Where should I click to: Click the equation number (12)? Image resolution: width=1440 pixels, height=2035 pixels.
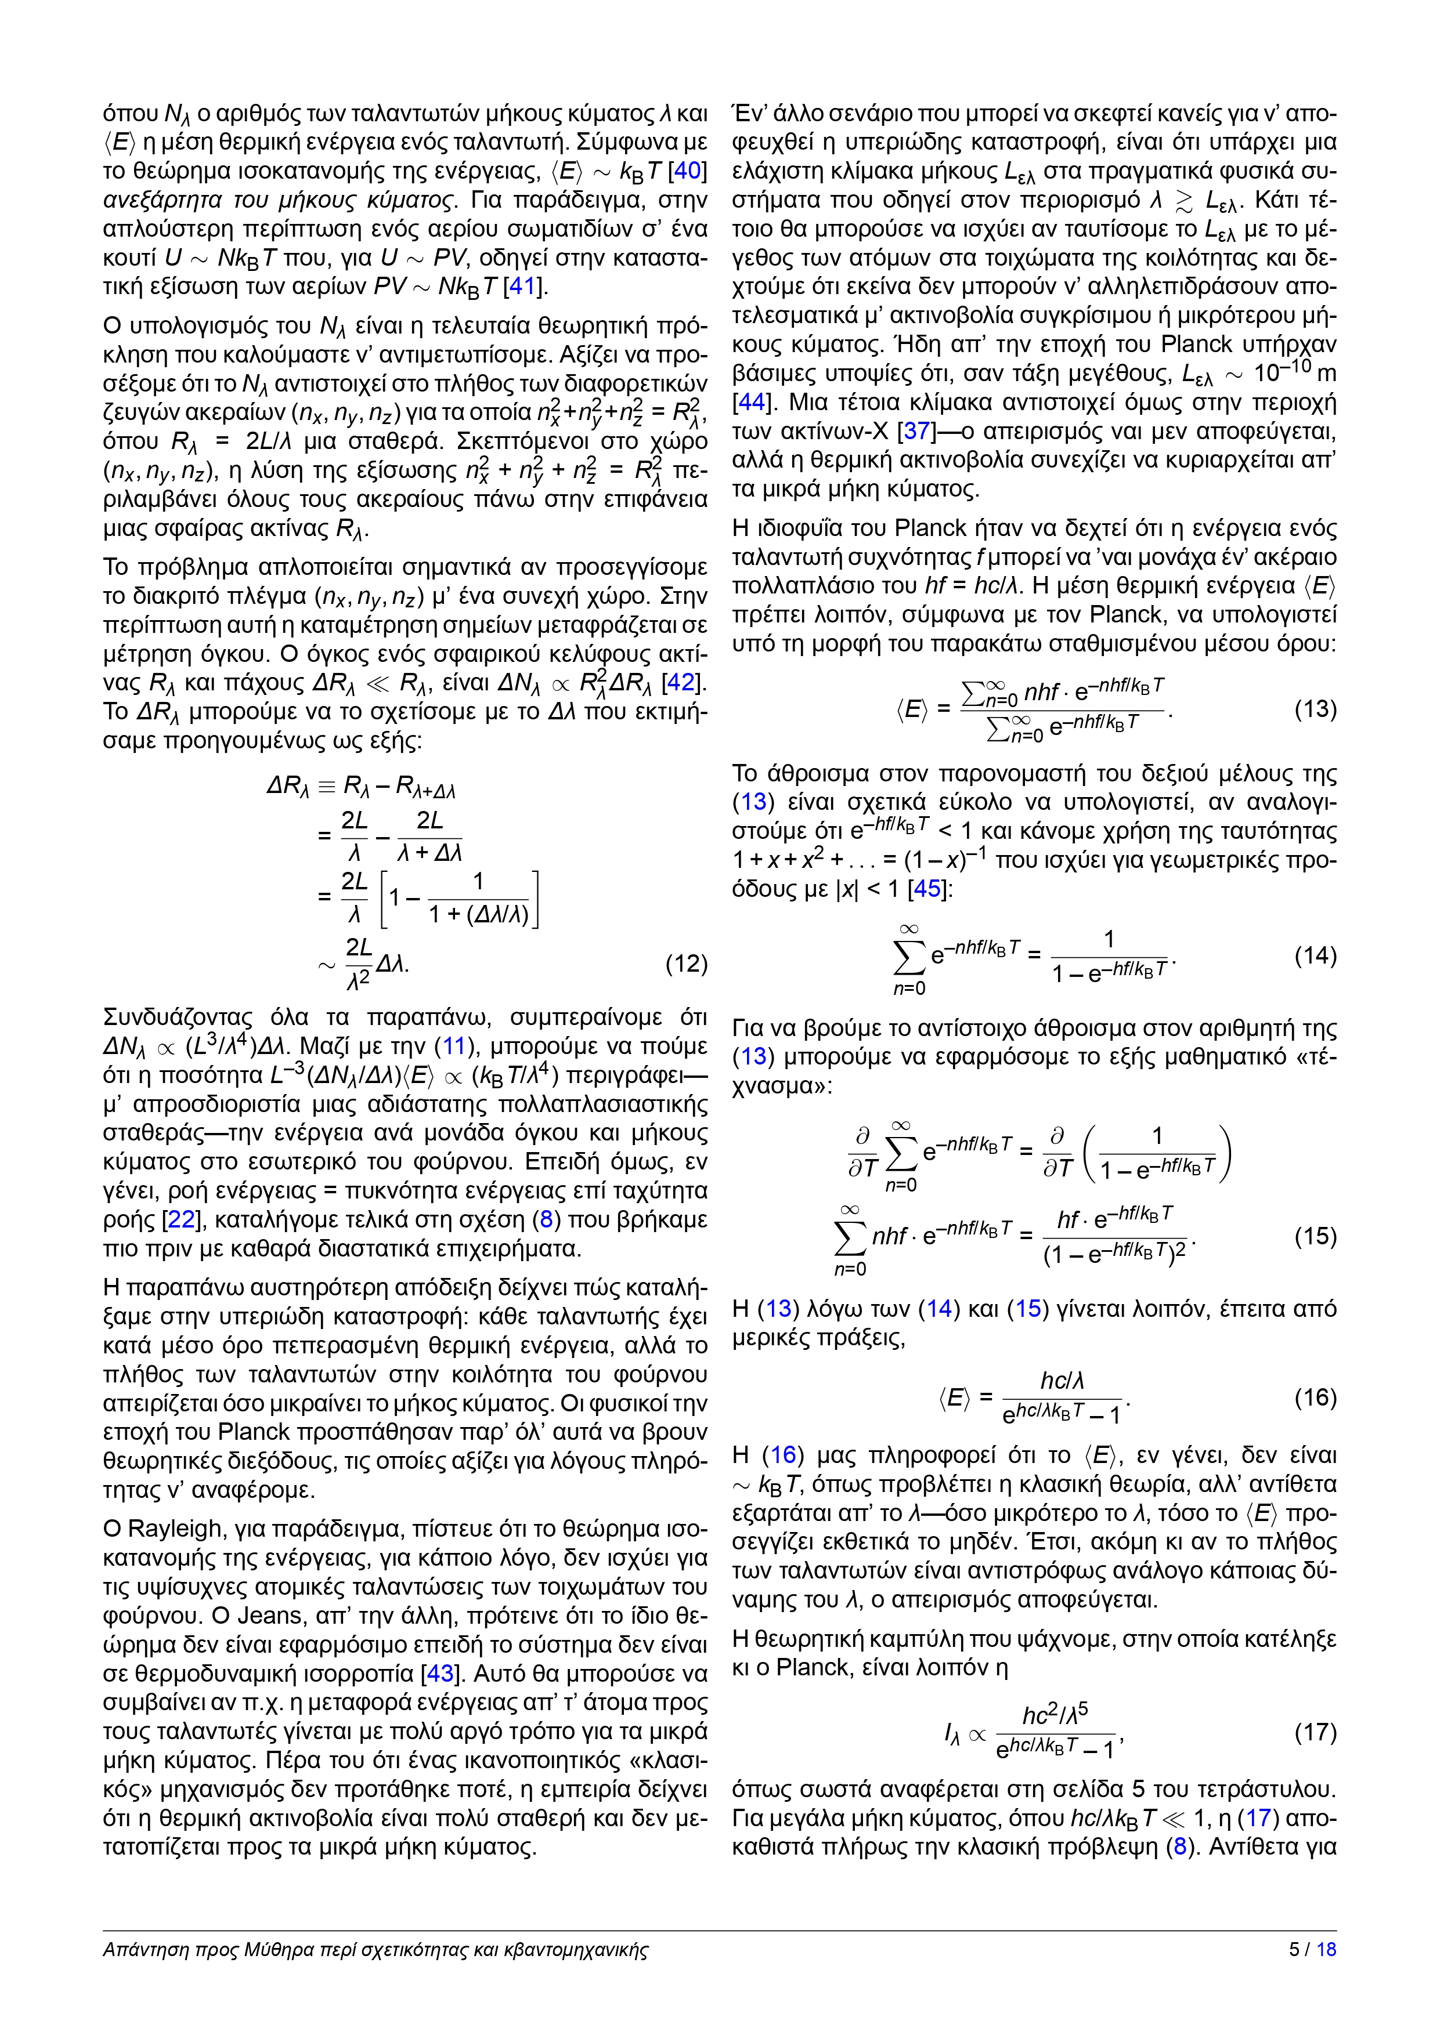pos(685,964)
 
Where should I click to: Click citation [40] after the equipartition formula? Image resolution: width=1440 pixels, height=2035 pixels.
pos(691,171)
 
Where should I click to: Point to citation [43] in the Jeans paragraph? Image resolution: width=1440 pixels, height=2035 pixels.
pos(441,1674)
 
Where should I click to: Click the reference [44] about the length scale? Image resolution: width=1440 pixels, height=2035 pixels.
pos(750,403)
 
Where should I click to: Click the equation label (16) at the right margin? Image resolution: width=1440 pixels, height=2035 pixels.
pos(1315,1397)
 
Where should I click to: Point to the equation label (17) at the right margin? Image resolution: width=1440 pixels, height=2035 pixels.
pos(1315,1732)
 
